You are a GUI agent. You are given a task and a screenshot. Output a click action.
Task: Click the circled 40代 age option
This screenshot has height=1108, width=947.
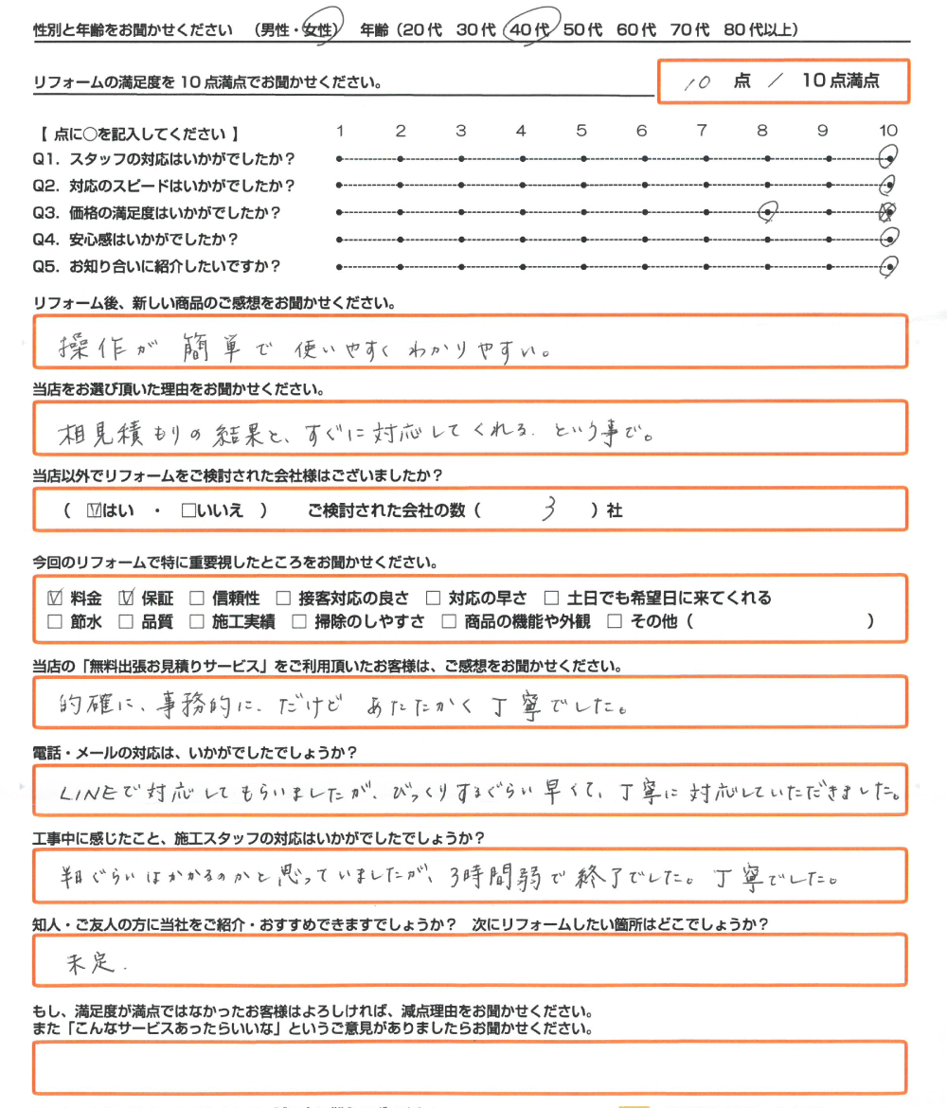click(x=528, y=29)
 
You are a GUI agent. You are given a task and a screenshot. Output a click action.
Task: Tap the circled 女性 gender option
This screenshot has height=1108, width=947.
click(x=318, y=30)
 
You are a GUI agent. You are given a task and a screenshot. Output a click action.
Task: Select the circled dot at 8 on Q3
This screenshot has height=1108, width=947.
click(x=768, y=213)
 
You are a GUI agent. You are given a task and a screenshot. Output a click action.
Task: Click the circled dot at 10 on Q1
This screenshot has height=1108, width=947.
click(x=888, y=158)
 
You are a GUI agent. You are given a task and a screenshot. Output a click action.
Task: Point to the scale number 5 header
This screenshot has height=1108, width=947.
click(x=581, y=131)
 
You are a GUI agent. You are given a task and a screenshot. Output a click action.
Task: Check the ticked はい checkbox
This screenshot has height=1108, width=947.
click(x=93, y=510)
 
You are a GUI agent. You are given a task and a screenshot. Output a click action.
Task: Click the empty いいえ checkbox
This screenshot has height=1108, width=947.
click(x=188, y=510)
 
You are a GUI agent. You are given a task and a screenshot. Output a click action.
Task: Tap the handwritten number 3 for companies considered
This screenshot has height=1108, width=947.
click(x=548, y=510)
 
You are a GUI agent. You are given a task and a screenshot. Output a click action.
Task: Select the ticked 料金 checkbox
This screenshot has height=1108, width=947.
click(x=54, y=598)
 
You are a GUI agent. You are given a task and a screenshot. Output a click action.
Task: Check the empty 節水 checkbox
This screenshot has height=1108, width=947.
click(x=54, y=622)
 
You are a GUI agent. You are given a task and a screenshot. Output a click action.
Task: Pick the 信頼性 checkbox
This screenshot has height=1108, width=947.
click(x=196, y=598)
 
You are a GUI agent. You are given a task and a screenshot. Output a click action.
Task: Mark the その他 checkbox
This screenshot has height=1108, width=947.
click(x=614, y=622)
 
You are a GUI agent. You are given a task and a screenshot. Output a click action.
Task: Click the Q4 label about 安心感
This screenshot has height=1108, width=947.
click(x=142, y=240)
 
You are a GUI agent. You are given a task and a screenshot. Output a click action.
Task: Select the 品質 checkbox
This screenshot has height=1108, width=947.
click(x=125, y=622)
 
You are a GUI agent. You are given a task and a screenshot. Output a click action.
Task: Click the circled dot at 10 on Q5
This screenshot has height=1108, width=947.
click(x=888, y=267)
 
